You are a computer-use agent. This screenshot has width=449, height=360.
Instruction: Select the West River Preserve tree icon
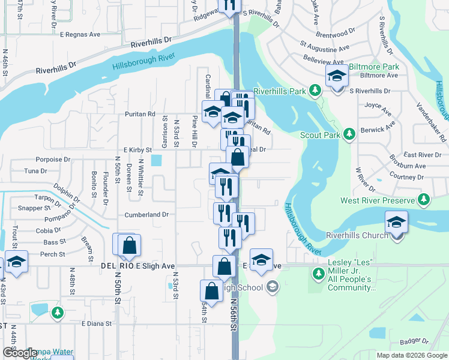coord(425,199)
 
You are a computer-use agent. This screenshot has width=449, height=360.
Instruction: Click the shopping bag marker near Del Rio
coord(128,245)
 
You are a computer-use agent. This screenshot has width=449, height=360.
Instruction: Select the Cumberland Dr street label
coord(146,214)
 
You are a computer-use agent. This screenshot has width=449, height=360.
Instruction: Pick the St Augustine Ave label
coord(324,47)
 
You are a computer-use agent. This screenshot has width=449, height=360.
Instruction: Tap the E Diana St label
coord(97,323)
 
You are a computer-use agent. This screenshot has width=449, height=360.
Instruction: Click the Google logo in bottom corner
coord(19,353)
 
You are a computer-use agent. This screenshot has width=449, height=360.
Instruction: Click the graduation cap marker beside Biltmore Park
coord(337,77)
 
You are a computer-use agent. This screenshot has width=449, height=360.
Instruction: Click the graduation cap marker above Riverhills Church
coord(396,223)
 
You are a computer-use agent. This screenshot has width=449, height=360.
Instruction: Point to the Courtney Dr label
coord(406,177)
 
